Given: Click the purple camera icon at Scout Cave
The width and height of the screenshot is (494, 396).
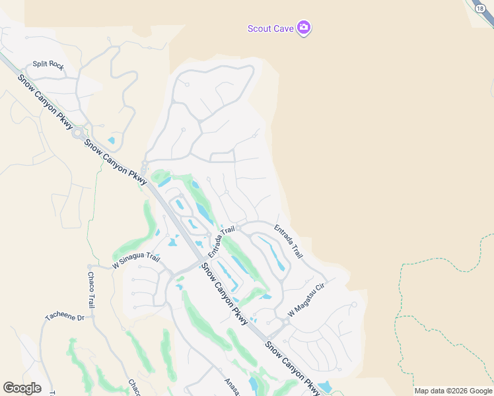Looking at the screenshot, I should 304,28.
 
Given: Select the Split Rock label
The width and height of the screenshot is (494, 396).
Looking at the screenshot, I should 48,65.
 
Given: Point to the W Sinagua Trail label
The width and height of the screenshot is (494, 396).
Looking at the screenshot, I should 136,261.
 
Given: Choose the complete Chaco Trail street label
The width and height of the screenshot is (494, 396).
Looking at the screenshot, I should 90,289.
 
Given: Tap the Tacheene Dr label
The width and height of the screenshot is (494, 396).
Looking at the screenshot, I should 65,317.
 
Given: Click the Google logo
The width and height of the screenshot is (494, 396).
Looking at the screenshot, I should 22,388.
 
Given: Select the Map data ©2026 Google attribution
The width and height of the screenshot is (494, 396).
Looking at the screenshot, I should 453,391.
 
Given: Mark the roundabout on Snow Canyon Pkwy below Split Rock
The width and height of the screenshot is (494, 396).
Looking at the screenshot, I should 78,133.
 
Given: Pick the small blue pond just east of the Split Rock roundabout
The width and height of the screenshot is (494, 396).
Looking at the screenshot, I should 110,140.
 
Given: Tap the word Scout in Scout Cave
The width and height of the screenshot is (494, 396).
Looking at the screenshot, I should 259,28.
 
